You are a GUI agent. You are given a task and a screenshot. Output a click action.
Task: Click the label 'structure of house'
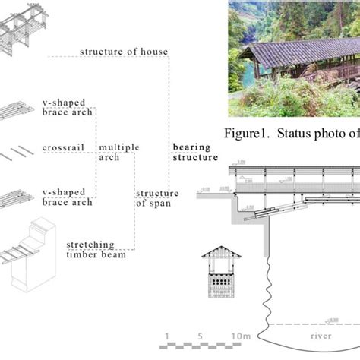point(124,52)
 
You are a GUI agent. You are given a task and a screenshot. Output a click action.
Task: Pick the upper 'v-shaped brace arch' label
point(68,106)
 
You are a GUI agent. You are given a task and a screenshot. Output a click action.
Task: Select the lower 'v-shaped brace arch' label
point(68,197)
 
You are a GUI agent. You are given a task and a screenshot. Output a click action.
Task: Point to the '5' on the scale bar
point(200,336)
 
